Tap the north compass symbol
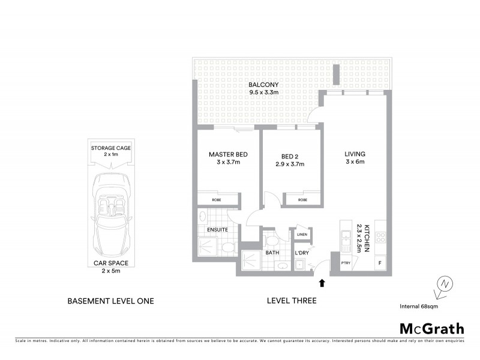pos(443,284)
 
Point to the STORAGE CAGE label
pos(110,148)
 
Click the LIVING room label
pos(355,154)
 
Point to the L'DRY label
pos(301,253)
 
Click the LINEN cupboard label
pos(301,234)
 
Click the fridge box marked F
pos(379,263)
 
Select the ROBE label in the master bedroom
pos(218,200)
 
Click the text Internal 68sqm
pos(419,306)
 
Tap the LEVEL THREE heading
pos(293,301)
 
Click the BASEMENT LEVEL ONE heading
pos(110,301)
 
